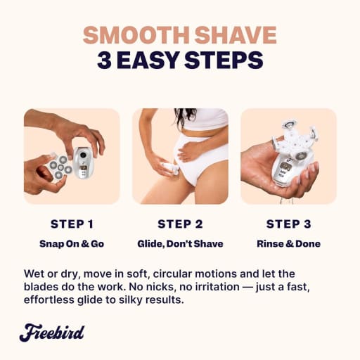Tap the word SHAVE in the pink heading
point(236,35)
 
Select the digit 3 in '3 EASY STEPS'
point(104,60)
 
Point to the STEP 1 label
point(72,224)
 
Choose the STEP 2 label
point(180,224)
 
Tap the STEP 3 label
point(288,224)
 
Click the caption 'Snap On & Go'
point(72,244)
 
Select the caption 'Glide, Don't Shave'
point(180,244)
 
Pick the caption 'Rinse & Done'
point(288,244)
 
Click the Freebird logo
point(52,333)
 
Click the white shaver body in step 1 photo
point(84,163)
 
